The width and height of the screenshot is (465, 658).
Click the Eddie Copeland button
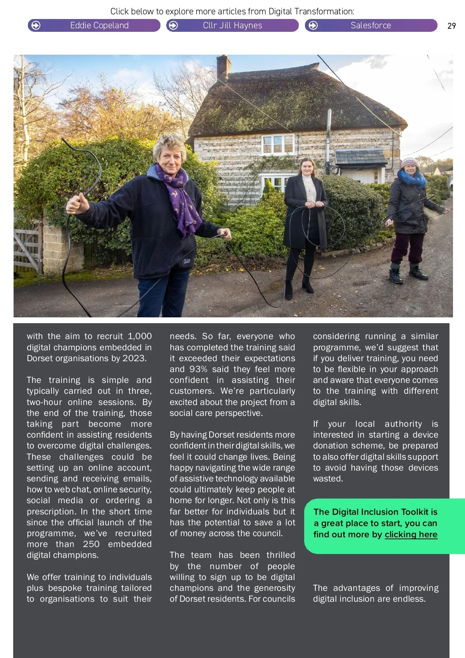94,26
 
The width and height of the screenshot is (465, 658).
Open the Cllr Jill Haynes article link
232,26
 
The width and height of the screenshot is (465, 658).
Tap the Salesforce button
371,26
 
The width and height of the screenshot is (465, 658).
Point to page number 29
451,26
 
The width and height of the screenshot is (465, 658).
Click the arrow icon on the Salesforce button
313,26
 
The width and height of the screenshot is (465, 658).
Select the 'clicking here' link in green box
411,535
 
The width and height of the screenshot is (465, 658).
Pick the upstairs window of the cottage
278,144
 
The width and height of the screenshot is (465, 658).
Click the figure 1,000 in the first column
139,336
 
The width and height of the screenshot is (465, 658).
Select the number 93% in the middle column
198,369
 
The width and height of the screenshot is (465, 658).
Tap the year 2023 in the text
134,358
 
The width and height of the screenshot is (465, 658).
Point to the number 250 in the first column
91,544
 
